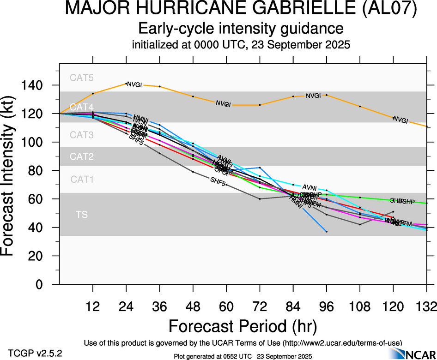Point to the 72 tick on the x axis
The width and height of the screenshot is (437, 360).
click(260, 306)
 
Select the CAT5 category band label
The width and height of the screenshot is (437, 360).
click(82, 78)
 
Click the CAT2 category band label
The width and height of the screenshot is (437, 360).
click(82, 156)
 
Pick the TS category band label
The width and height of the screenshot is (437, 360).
click(82, 215)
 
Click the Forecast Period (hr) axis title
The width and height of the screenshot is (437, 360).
click(243, 326)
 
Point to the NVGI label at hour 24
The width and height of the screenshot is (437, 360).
click(134, 84)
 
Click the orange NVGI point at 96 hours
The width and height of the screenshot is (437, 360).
click(327, 95)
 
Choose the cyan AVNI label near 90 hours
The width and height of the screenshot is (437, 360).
click(310, 187)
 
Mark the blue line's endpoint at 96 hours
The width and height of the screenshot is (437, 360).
click(327, 231)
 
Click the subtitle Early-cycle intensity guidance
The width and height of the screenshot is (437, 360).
click(241, 29)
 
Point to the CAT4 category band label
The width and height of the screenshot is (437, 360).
click(82, 107)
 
